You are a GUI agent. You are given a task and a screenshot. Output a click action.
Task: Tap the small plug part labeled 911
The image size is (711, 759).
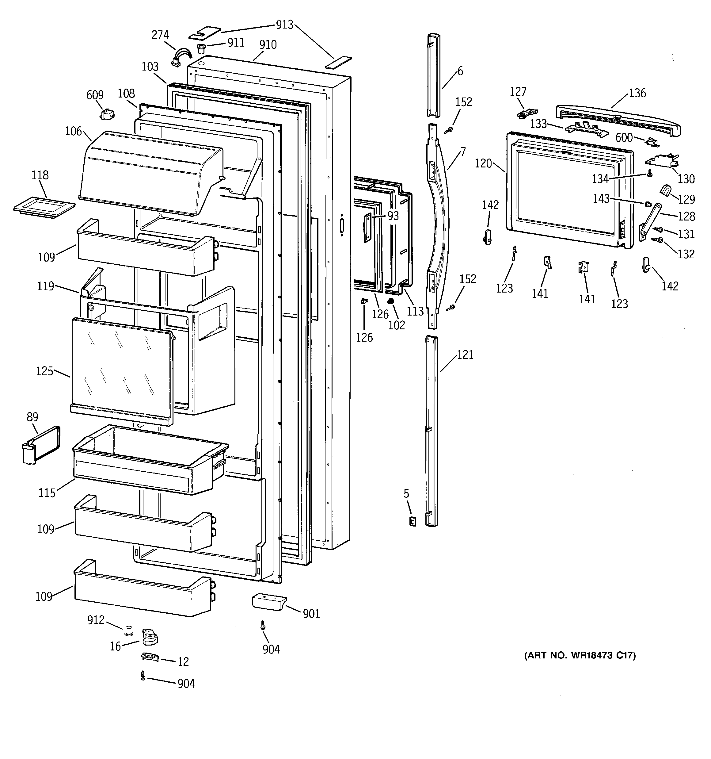pos(201,49)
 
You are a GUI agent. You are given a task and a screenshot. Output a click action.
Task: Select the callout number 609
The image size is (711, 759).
pos(95,95)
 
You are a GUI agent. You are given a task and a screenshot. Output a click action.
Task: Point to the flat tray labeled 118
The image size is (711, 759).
pos(44,207)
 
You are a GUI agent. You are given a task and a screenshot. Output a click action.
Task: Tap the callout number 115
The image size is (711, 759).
pos(47,493)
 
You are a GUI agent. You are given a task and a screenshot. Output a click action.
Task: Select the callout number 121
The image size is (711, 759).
pos(465,355)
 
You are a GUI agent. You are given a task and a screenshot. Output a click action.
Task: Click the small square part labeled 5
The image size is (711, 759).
pos(413,522)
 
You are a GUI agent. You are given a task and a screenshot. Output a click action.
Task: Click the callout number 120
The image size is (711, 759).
pos(483,163)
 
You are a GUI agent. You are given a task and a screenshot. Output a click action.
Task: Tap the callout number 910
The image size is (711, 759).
pos(268,45)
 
